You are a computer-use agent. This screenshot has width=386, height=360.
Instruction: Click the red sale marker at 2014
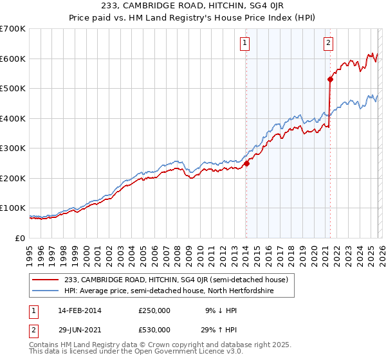246,163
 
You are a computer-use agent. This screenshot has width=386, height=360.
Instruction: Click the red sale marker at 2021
330,80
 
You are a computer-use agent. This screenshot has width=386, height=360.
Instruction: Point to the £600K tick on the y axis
13,59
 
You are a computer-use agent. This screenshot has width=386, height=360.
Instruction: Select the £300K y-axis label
13,148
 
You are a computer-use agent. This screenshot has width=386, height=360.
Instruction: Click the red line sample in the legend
46,280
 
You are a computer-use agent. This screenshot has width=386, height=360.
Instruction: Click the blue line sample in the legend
46,291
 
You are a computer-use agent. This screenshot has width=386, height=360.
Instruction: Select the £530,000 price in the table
154,330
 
